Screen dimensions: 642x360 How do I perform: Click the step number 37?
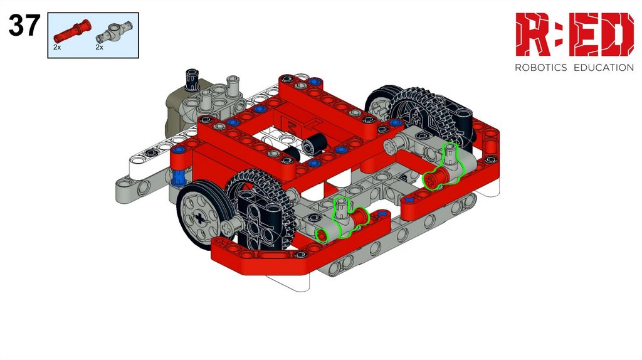pyautogui.click(x=24, y=25)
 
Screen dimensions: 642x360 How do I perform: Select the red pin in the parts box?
pyautogui.click(x=71, y=31)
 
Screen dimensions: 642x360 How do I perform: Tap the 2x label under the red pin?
pyautogui.click(x=57, y=48)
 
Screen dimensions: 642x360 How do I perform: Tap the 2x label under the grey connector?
pyautogui.click(x=100, y=48)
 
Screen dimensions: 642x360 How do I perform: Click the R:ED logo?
pyautogui.click(x=574, y=34)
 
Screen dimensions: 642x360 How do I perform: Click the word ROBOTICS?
pyautogui.click(x=541, y=68)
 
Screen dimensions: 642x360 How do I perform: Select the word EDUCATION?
pyautogui.click(x=604, y=68)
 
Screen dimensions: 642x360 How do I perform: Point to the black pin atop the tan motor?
pyautogui.click(x=192, y=80)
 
